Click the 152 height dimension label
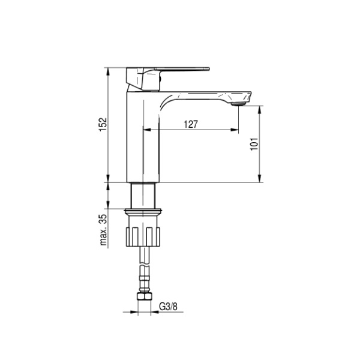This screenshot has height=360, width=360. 103,125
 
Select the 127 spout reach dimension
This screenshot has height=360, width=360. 191,124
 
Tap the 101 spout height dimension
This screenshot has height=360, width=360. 254,144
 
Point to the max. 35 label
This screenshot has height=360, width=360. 103,230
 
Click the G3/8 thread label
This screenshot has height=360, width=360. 168,307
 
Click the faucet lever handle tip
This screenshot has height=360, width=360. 208,68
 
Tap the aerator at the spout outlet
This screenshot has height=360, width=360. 238,104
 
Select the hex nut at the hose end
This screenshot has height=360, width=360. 145,296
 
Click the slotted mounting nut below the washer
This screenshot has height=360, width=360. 143,237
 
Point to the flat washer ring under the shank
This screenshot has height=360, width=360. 143,211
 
